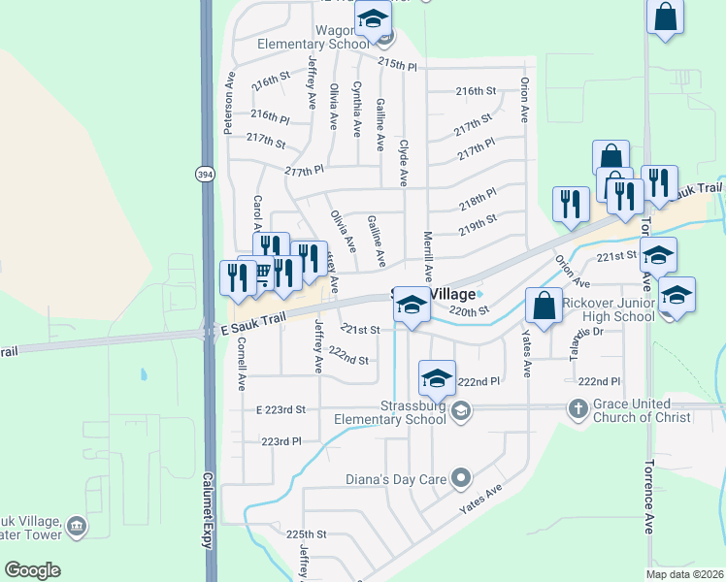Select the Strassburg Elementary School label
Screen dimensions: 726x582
point(388,412)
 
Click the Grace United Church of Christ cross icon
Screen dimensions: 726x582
point(577,409)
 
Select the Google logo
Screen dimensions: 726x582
point(32,570)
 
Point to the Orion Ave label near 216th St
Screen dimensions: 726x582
point(525,100)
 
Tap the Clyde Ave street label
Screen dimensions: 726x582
point(404,162)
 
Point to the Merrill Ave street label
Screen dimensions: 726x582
point(427,257)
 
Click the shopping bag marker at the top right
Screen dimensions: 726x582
point(665,16)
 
